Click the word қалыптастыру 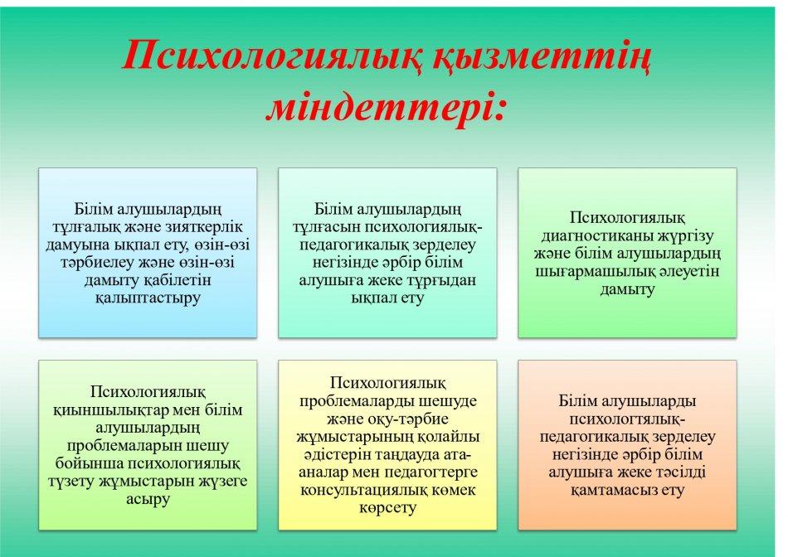pyautogui.click(x=148, y=298)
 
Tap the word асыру pyautogui.click(x=148, y=499)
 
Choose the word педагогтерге pyautogui.click(x=430, y=472)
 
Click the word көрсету pyautogui.click(x=388, y=508)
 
